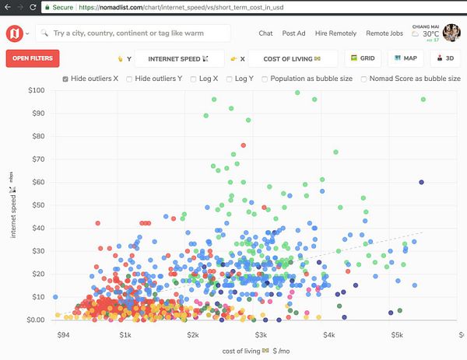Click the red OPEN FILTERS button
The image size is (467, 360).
[x=33, y=58]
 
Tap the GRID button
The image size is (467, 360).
[x=363, y=58]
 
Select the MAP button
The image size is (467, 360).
[x=406, y=58]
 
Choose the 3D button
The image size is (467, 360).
[x=445, y=58]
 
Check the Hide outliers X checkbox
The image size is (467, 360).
[x=65, y=79]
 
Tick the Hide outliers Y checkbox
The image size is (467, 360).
[x=130, y=79]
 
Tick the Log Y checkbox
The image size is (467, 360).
[x=230, y=79]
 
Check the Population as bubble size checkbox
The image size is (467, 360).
[x=265, y=79]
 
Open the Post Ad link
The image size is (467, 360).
[x=294, y=33]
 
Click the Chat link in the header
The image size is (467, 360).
[x=265, y=33]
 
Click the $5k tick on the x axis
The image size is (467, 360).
[x=397, y=336]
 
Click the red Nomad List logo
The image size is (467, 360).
[x=14, y=33]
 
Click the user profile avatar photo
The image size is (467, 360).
[x=452, y=33]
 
